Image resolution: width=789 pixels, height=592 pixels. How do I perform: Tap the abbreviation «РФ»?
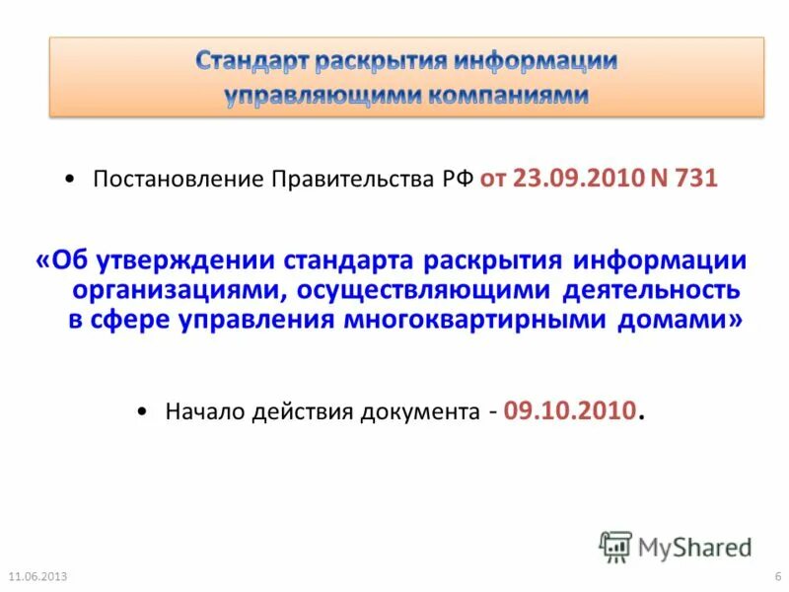pyautogui.click(x=457, y=180)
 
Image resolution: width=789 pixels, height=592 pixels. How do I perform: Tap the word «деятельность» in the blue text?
pyautogui.click(x=651, y=291)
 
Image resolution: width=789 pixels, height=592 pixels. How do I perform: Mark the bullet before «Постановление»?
pyautogui.click(x=68, y=181)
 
